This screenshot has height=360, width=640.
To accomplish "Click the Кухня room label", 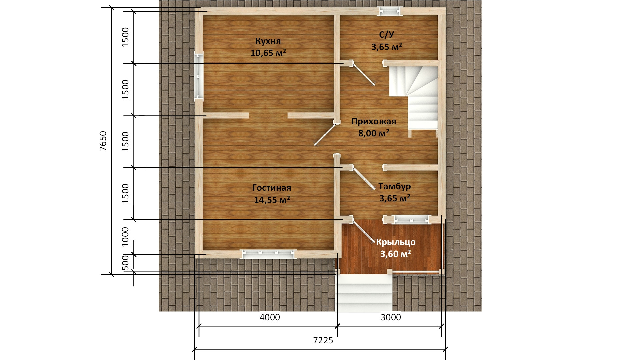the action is (x=268, y=41).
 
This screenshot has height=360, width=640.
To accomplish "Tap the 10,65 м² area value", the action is (x=268, y=53).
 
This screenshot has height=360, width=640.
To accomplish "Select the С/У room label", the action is (x=387, y=35).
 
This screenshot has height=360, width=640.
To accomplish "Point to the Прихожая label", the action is (x=374, y=121).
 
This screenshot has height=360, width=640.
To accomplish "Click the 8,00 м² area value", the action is (x=374, y=133).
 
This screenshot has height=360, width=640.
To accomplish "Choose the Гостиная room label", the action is (x=272, y=188).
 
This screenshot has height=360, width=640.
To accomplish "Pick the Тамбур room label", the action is (x=394, y=186).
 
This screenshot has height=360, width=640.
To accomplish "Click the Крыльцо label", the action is (x=396, y=242).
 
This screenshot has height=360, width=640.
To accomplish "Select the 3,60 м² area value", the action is (x=396, y=254).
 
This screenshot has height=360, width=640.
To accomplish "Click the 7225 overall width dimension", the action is (x=323, y=340).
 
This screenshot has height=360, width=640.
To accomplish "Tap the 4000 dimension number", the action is (x=270, y=317).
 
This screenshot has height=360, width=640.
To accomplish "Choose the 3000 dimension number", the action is (x=391, y=317).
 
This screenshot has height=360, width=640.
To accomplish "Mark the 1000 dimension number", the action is (x=125, y=237).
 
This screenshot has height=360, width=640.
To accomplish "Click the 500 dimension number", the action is (x=125, y=263).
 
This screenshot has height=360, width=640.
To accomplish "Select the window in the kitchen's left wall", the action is (x=199, y=76).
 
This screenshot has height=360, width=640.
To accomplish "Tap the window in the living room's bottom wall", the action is (x=268, y=254).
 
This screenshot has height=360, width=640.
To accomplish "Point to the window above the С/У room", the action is (x=390, y=12).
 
